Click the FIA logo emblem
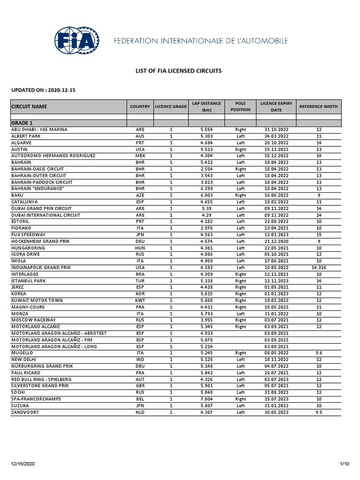[x=77, y=41]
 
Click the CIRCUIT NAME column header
[x=29, y=106]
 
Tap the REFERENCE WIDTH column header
[x=318, y=106]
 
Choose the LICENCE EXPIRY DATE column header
[x=276, y=106]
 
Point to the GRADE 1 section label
[x=22, y=123]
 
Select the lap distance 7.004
[x=206, y=399]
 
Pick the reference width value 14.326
[x=318, y=267]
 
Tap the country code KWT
[x=140, y=300]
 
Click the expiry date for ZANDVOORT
[x=276, y=412]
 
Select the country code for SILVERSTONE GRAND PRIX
[x=140, y=386]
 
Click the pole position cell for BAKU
[x=240, y=195]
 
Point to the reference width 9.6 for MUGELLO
[x=318, y=353]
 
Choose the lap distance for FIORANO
[x=206, y=228]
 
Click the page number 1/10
[x=345, y=464]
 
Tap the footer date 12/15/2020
[x=22, y=464]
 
